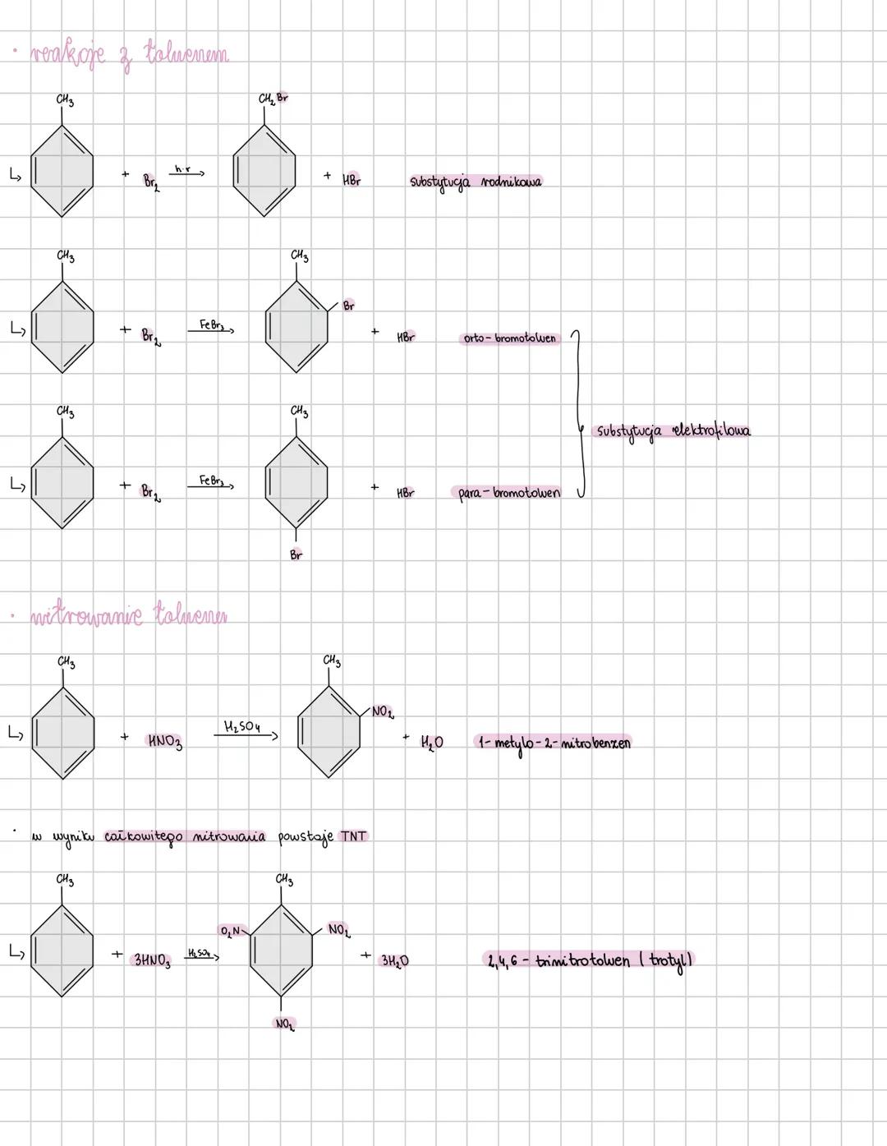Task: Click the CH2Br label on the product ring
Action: [x=273, y=99]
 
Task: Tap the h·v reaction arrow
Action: [x=188, y=172]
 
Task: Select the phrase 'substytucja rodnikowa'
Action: [x=476, y=182]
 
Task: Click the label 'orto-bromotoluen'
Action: [x=509, y=338]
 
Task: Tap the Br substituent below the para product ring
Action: [x=296, y=555]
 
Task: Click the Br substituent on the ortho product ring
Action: [x=348, y=306]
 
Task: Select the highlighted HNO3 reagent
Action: [x=164, y=741]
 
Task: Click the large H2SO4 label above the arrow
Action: [x=241, y=726]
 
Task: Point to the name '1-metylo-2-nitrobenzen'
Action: [x=554, y=743]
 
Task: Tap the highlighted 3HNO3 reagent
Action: [x=152, y=960]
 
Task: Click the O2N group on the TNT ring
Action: [x=230, y=931]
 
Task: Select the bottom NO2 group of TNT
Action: [x=284, y=1024]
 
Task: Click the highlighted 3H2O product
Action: [x=394, y=960]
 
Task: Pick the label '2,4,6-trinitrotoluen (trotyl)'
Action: [x=589, y=960]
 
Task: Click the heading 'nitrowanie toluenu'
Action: [x=129, y=615]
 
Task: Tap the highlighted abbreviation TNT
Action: [x=353, y=836]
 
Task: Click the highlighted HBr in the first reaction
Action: [x=352, y=180]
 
